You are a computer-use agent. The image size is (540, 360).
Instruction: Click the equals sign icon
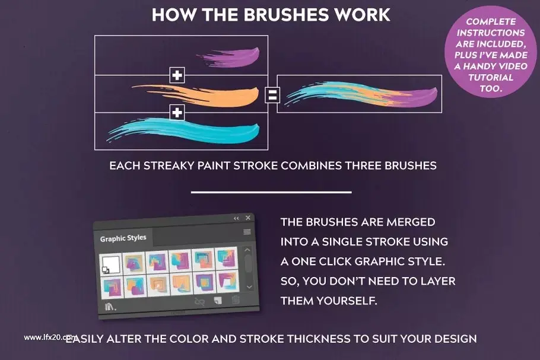tap(272, 95)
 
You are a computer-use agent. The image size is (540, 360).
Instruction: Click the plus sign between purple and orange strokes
tap(177, 75)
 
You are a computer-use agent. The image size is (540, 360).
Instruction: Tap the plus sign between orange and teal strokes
tap(177, 113)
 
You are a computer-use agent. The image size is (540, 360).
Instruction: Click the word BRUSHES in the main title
tap(284, 15)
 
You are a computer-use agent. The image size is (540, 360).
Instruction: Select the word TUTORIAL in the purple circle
tap(491, 78)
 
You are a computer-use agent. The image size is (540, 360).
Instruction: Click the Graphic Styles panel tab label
tap(123, 238)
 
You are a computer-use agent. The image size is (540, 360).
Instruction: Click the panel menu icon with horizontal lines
tap(247, 232)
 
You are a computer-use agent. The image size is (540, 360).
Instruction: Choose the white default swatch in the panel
tap(111, 265)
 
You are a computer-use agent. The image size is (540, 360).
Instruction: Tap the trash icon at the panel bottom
tap(236, 300)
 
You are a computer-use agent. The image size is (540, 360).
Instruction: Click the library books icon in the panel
tap(110, 306)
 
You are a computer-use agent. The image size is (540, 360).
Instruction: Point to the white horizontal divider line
tap(271, 192)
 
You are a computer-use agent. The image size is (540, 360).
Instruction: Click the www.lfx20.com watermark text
tap(50, 337)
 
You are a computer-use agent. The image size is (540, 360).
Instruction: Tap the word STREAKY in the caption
tap(169, 165)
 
